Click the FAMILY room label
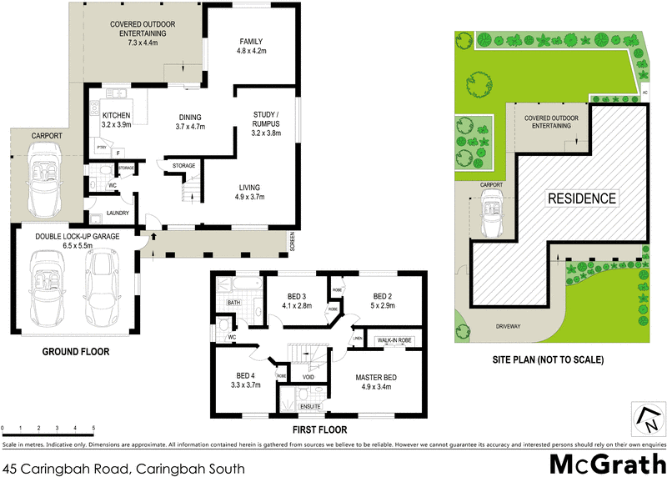pos(251,41)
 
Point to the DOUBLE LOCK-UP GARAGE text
pos(78,237)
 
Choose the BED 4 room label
pos(245,375)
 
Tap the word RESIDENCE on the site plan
pos(582,198)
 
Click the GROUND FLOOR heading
pos(76,352)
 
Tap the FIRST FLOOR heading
pos(318,430)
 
